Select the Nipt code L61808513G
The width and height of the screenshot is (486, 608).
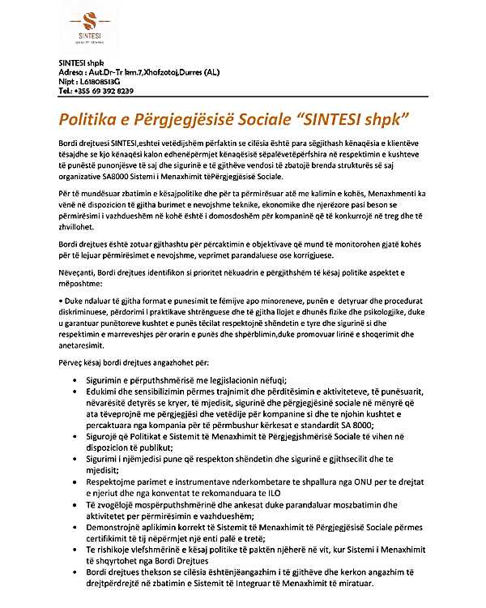pos(99,82)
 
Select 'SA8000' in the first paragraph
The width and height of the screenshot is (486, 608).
pos(159,176)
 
